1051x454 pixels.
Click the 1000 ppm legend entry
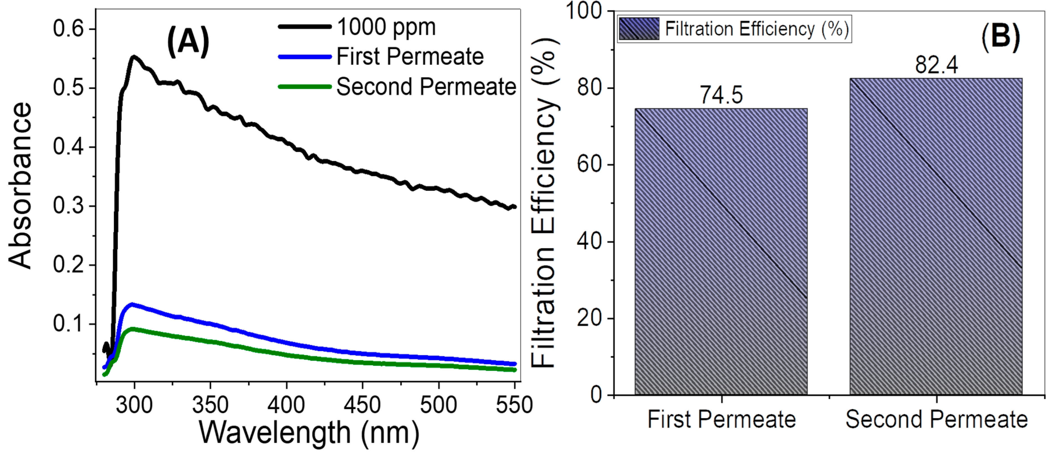tap(386, 27)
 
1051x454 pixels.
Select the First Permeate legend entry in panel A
tap(410, 56)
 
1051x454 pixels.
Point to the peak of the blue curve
tap(131, 304)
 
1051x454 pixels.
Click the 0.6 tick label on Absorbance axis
tap(68, 29)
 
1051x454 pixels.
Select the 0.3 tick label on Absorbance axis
tap(68, 205)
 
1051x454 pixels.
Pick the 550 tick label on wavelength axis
tap(514, 405)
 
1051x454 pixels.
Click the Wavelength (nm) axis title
tap(309, 433)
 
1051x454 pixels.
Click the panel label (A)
tap(188, 41)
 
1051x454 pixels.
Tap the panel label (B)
tap(1000, 37)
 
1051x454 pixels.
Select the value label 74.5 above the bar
tap(721, 95)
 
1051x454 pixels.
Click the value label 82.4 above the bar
tap(936, 65)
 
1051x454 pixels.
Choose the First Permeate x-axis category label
tap(721, 419)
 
